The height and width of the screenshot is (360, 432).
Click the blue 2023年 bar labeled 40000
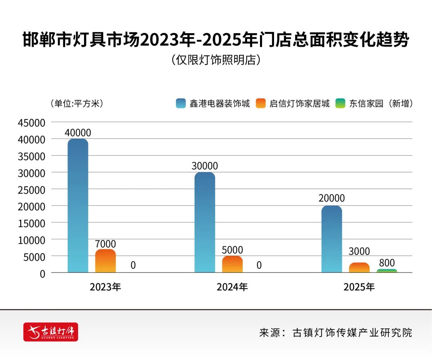(78, 206)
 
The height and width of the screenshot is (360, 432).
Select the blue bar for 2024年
(205, 222)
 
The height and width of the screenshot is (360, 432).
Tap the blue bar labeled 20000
(332, 239)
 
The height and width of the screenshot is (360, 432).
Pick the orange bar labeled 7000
(105, 261)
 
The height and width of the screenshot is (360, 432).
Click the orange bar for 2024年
(232, 264)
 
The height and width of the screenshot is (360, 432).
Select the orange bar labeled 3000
(359, 268)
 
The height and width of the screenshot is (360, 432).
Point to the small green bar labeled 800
(386, 271)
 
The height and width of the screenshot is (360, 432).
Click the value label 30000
(205, 166)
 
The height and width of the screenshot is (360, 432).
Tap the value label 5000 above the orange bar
(232, 250)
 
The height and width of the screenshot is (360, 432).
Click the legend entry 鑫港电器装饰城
(214, 104)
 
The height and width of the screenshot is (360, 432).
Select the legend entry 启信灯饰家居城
(294, 104)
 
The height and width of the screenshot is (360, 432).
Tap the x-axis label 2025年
(359, 287)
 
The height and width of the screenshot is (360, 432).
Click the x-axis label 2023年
(105, 287)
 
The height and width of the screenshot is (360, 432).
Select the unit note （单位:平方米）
(77, 104)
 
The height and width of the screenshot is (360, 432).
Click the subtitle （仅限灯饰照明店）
(216, 60)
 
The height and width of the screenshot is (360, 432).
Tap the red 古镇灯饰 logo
(51, 332)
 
